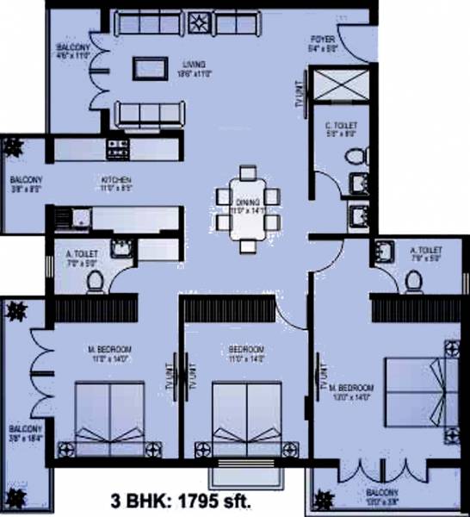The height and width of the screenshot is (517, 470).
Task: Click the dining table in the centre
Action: [x=248, y=209]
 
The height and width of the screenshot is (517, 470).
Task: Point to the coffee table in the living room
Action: [x=151, y=67]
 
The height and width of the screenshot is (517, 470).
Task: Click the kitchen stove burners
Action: [x=116, y=149]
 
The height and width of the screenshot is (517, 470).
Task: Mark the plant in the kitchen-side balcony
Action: [x=15, y=147]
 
